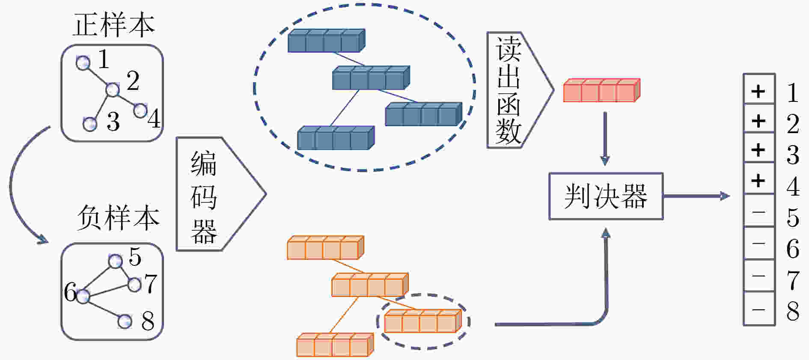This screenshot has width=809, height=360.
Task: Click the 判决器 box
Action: (606, 196)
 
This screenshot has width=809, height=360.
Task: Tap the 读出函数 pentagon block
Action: (520, 90)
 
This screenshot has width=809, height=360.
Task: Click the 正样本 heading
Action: (113, 24)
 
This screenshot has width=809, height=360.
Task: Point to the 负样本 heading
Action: (118, 217)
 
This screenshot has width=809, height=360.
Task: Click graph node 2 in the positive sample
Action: (112, 90)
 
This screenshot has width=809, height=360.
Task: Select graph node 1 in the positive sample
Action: (83, 63)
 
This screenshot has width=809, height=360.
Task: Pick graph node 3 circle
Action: (90, 124)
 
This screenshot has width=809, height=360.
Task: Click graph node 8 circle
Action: (125, 321)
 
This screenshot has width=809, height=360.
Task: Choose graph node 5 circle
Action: (115, 261)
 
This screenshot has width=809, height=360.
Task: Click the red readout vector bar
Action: (601, 90)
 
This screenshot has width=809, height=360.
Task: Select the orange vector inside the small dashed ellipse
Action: (423, 321)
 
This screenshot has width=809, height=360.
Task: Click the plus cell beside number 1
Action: (759, 91)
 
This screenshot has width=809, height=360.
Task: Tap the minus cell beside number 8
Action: (759, 309)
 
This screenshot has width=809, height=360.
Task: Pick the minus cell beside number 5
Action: (759, 211)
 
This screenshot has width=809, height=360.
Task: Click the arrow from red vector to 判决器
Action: (605, 139)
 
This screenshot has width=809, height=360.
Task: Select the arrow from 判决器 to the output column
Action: (696, 196)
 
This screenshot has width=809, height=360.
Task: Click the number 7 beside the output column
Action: (793, 280)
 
